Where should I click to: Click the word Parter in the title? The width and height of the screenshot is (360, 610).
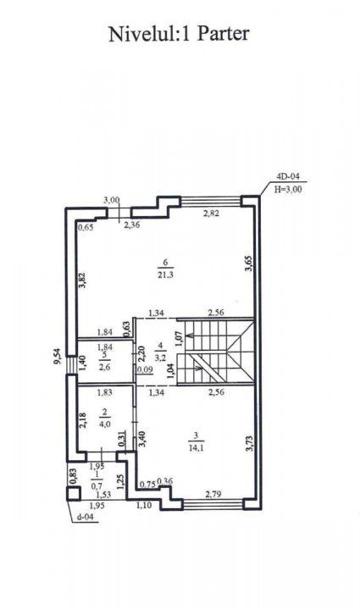(x=223, y=34)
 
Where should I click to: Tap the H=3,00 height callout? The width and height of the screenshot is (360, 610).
(x=288, y=190)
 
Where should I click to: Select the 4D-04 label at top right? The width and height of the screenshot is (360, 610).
(x=288, y=176)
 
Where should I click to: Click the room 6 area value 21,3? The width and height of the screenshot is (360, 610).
(x=165, y=275)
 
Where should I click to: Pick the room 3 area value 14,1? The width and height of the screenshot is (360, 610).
(x=196, y=448)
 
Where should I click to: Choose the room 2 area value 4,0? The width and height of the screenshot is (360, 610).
(x=105, y=424)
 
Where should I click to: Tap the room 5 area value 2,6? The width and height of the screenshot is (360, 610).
(x=105, y=367)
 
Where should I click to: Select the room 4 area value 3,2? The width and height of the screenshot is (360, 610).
(x=160, y=358)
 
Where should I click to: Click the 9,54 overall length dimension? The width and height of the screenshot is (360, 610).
(x=58, y=357)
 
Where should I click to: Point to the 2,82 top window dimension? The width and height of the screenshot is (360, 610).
(x=212, y=213)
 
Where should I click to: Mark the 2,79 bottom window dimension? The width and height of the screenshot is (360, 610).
(x=213, y=495)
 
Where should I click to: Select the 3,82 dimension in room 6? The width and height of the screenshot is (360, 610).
(x=82, y=280)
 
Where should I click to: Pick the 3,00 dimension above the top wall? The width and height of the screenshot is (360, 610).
(x=112, y=200)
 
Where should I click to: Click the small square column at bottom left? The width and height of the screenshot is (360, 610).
(x=74, y=492)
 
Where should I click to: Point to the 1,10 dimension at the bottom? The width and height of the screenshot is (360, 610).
(x=143, y=505)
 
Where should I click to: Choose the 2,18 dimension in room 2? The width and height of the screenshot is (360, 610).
(x=83, y=420)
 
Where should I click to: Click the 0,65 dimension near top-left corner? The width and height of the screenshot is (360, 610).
(x=86, y=228)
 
